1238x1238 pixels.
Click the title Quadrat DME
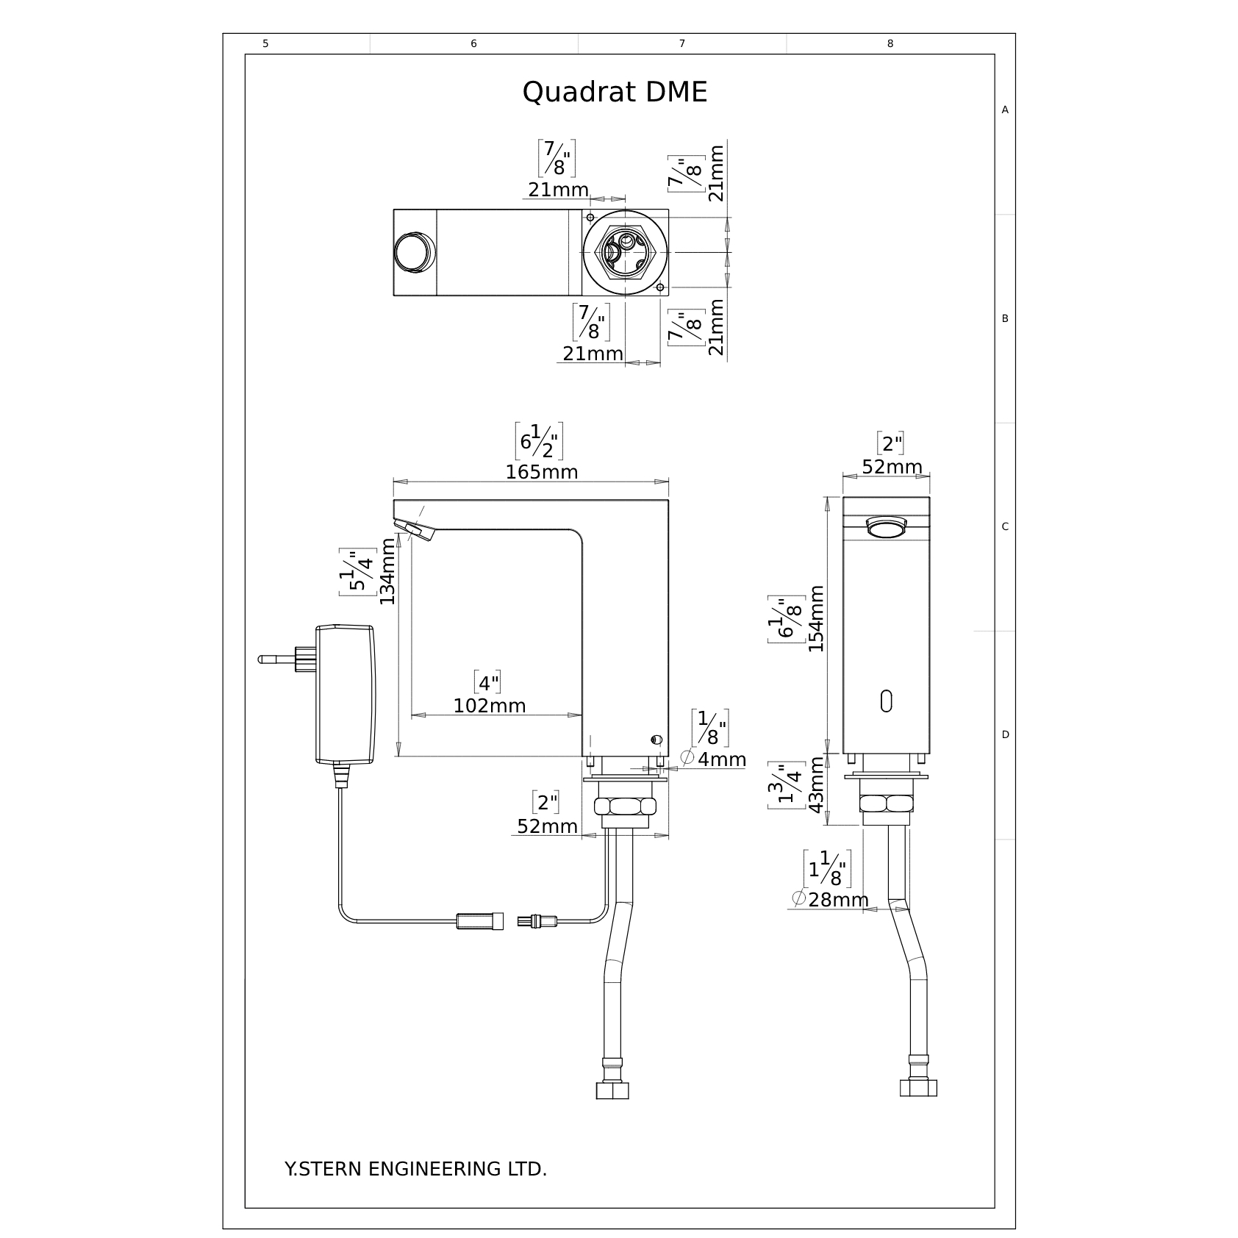pos(615,93)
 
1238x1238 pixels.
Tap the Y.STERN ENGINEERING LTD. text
pos(415,1170)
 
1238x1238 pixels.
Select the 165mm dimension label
pos(542,472)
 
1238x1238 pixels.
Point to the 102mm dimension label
pos(490,706)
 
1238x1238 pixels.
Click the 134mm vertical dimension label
pos(387,571)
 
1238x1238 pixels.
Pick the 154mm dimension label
pos(816,618)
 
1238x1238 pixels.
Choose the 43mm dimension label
pos(816,786)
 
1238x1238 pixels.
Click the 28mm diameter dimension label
pos(830,899)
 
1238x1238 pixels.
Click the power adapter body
pos(345,694)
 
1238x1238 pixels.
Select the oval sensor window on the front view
pos(886,701)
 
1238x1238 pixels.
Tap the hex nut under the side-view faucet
pos(625,806)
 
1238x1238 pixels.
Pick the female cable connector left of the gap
pos(480,920)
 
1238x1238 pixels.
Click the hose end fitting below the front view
pos(918,1086)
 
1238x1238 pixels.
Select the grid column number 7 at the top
pos(682,44)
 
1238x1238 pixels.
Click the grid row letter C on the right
pos(1005,526)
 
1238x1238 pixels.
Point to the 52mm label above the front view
pos(892,467)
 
